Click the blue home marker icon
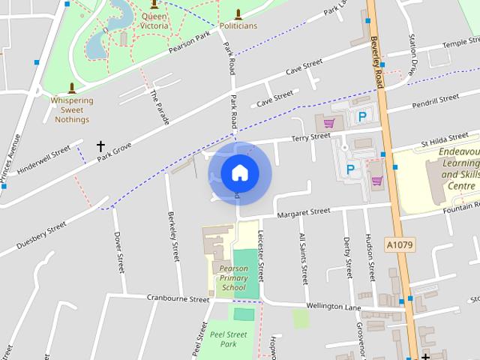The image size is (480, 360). (x=239, y=172)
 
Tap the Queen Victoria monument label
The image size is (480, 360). (x=154, y=20)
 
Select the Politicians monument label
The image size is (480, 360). (x=238, y=25)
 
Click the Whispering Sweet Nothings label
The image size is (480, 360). (x=72, y=110)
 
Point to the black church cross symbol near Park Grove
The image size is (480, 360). (x=100, y=146)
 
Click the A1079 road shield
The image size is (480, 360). (x=400, y=244)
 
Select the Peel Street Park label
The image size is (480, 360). (x=229, y=339)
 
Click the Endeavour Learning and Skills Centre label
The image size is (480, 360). (x=458, y=168)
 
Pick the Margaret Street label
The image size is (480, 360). (x=303, y=214)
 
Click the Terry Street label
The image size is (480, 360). (x=310, y=137)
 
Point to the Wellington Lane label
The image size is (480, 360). (x=334, y=306)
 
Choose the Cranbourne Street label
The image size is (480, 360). (x=178, y=298)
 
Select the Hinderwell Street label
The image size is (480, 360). (x=43, y=159)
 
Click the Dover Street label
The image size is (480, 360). (x=118, y=251)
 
